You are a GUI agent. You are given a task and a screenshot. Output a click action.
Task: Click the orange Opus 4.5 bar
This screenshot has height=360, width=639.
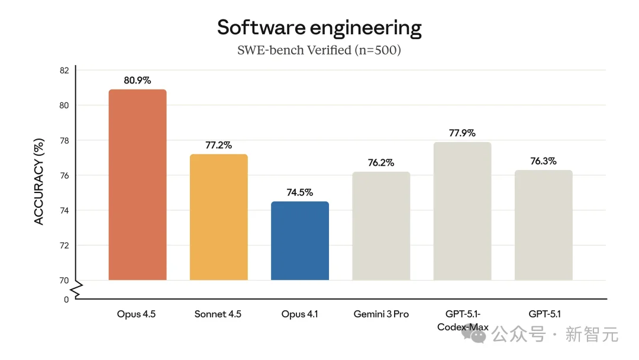pyautogui.click(x=137, y=185)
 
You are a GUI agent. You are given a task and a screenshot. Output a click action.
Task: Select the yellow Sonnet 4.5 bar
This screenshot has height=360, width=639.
pyautogui.click(x=218, y=217)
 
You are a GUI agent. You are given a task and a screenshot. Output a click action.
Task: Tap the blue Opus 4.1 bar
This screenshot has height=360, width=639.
pyautogui.click(x=299, y=241)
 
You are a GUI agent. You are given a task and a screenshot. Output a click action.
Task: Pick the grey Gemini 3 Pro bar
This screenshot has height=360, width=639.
pyautogui.click(x=380, y=226)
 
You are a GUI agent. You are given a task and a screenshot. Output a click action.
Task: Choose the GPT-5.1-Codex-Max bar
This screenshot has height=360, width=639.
pyautogui.click(x=462, y=211)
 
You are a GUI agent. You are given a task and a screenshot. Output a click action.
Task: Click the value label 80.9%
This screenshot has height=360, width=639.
pyautogui.click(x=137, y=80)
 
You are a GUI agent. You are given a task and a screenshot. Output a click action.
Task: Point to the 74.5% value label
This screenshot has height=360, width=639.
pyautogui.click(x=299, y=192)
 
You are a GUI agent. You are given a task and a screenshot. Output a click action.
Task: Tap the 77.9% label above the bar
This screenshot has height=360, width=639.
pyautogui.click(x=462, y=133)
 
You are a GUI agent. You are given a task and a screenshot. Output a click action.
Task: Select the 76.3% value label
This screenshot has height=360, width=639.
pyautogui.click(x=543, y=161)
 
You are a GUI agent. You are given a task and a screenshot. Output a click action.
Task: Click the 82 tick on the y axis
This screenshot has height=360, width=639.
pyautogui.click(x=64, y=70)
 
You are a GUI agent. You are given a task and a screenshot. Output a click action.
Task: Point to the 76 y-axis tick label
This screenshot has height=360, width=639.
pyautogui.click(x=64, y=175)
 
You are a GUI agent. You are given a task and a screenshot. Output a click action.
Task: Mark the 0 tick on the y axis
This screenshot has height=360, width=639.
pyautogui.click(x=66, y=300)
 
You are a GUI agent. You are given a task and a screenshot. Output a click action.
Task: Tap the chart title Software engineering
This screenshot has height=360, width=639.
pyautogui.click(x=319, y=27)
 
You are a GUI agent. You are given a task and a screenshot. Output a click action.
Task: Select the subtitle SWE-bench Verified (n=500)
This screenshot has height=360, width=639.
pyautogui.click(x=319, y=50)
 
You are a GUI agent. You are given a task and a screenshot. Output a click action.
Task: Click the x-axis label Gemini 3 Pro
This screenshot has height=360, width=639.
pyautogui.click(x=380, y=314)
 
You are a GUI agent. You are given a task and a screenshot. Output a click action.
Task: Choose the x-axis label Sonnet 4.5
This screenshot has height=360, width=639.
pyautogui.click(x=218, y=314)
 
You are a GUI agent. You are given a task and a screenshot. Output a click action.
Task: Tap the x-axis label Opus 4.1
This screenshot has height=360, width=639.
pyautogui.click(x=299, y=314)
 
